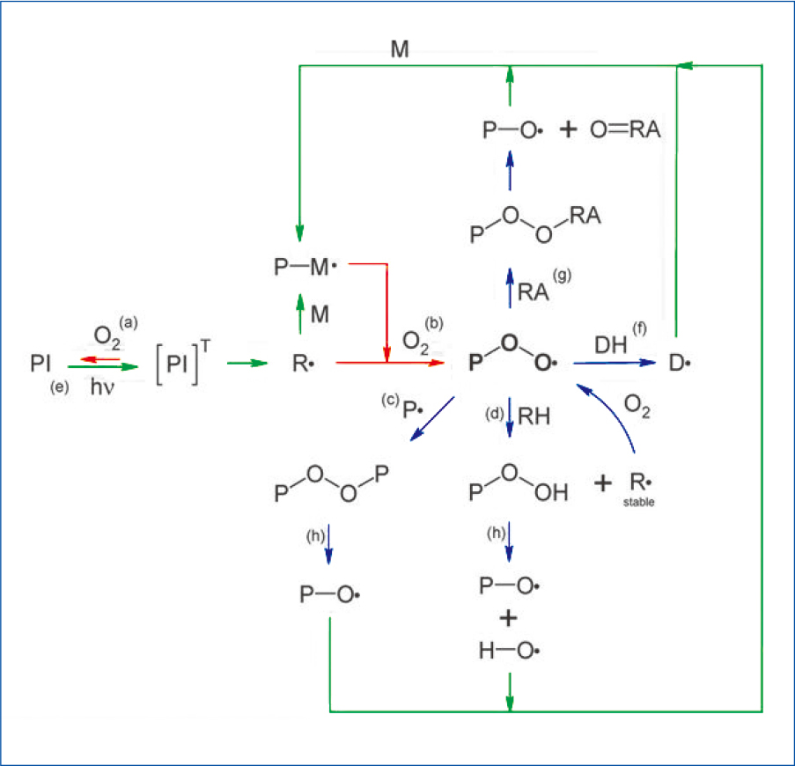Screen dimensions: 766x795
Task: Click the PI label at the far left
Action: [39, 362]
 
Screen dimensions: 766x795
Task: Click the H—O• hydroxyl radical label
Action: [507, 652]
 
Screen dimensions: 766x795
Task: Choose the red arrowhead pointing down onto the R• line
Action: [386, 354]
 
